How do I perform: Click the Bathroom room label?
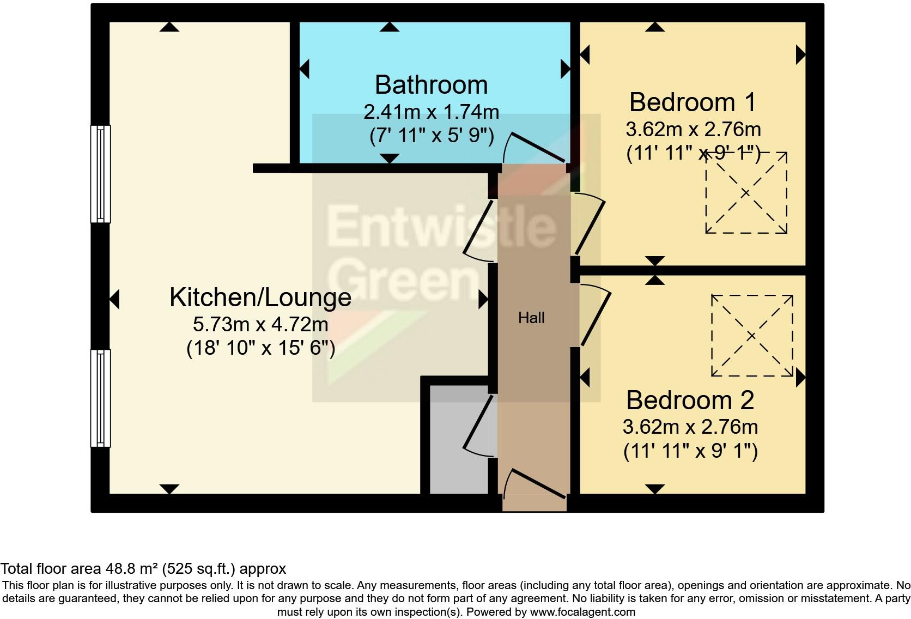(x=431, y=85)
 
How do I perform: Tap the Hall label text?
(x=531, y=318)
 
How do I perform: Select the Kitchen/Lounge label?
(x=260, y=298)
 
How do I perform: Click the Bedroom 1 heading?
(x=693, y=102)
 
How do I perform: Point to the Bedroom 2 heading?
(x=690, y=400)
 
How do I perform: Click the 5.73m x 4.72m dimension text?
(x=260, y=325)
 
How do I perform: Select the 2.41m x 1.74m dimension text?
(x=431, y=112)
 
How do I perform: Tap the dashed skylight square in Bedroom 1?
(x=746, y=192)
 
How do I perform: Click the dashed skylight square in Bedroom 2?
(x=751, y=336)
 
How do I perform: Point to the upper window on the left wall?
(x=100, y=174)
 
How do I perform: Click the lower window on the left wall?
(x=100, y=398)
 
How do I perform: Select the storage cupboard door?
(x=479, y=425)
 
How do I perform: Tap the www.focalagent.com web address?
(x=582, y=612)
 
